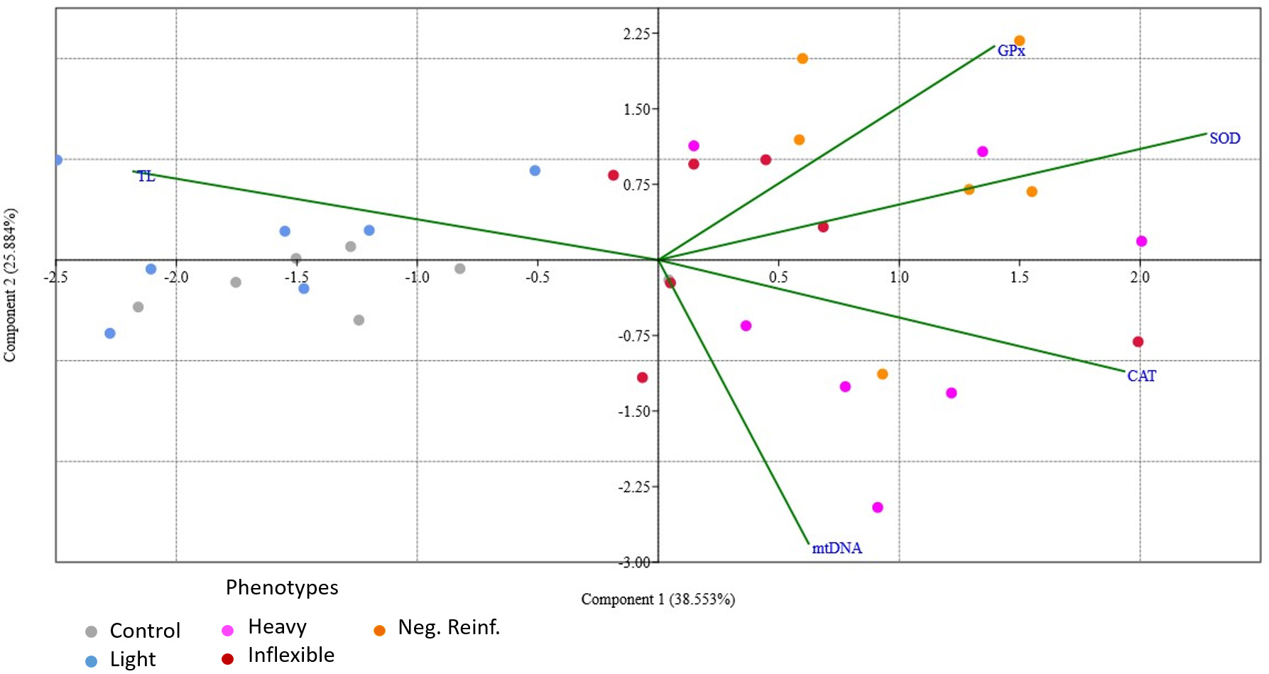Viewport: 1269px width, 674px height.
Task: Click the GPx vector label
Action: [x=1011, y=50]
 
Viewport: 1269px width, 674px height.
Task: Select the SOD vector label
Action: [x=1224, y=138]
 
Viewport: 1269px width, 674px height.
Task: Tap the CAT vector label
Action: [x=1141, y=376]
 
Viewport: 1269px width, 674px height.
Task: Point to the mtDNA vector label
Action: [x=837, y=548]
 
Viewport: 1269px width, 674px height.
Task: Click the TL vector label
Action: [x=146, y=176]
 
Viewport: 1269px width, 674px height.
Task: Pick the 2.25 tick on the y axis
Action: [x=636, y=33]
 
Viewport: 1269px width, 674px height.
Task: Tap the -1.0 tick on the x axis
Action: [x=417, y=277]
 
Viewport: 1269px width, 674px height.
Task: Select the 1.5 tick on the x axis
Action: [x=1019, y=277]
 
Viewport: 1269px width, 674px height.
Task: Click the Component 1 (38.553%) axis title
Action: [x=658, y=599]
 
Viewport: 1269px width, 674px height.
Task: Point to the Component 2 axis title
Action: [x=10, y=285]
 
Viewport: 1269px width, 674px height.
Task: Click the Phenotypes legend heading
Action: [x=282, y=587]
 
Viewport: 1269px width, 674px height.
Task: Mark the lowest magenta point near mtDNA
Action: [x=877, y=507]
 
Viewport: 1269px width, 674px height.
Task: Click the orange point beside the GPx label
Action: [x=1019, y=41]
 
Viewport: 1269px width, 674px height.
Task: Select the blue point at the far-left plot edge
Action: [x=58, y=160]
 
